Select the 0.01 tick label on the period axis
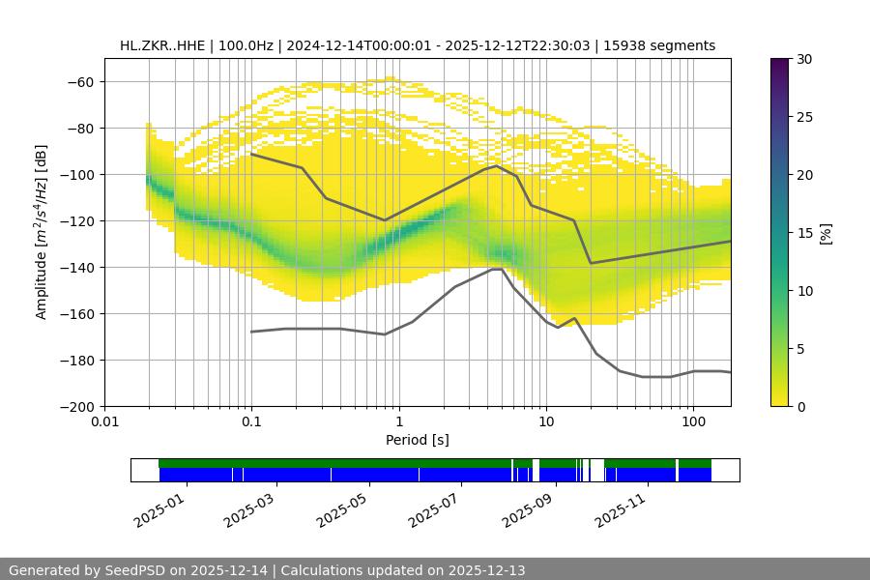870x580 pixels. [104, 422]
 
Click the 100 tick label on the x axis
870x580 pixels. [692, 422]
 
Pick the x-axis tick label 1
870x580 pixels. [398, 422]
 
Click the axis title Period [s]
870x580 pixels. [418, 440]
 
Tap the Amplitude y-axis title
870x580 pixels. [41, 232]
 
